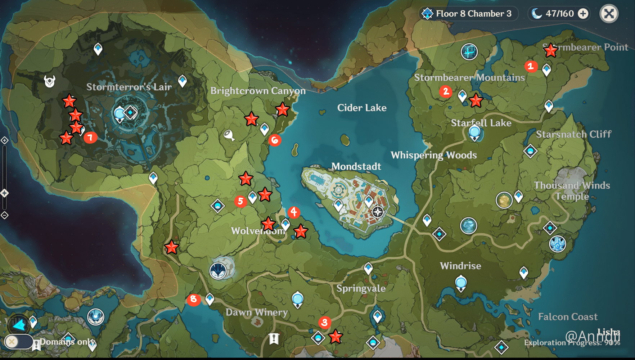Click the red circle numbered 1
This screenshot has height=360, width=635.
(x=531, y=66)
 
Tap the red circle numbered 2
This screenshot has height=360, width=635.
(x=446, y=91)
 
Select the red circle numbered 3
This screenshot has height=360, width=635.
(x=324, y=322)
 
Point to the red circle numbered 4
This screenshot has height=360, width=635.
(x=294, y=212)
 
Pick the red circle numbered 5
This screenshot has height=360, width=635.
(x=240, y=201)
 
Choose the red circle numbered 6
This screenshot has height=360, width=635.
(x=275, y=140)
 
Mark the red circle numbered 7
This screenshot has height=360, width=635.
(x=90, y=137)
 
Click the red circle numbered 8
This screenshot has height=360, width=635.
(x=194, y=299)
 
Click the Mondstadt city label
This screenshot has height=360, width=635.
(x=356, y=166)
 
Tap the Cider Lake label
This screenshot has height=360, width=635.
(x=362, y=108)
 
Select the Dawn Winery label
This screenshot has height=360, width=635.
(x=257, y=312)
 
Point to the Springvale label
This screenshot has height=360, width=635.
(x=361, y=288)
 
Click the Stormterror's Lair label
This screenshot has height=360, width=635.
(x=129, y=87)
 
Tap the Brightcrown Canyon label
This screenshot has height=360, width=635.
(x=258, y=91)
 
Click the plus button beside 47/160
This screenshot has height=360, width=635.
(x=583, y=14)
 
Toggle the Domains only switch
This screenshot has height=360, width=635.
(x=18, y=341)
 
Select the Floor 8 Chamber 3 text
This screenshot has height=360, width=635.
(x=473, y=14)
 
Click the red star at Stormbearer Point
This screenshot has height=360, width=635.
(x=550, y=51)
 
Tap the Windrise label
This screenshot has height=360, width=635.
(x=460, y=266)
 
